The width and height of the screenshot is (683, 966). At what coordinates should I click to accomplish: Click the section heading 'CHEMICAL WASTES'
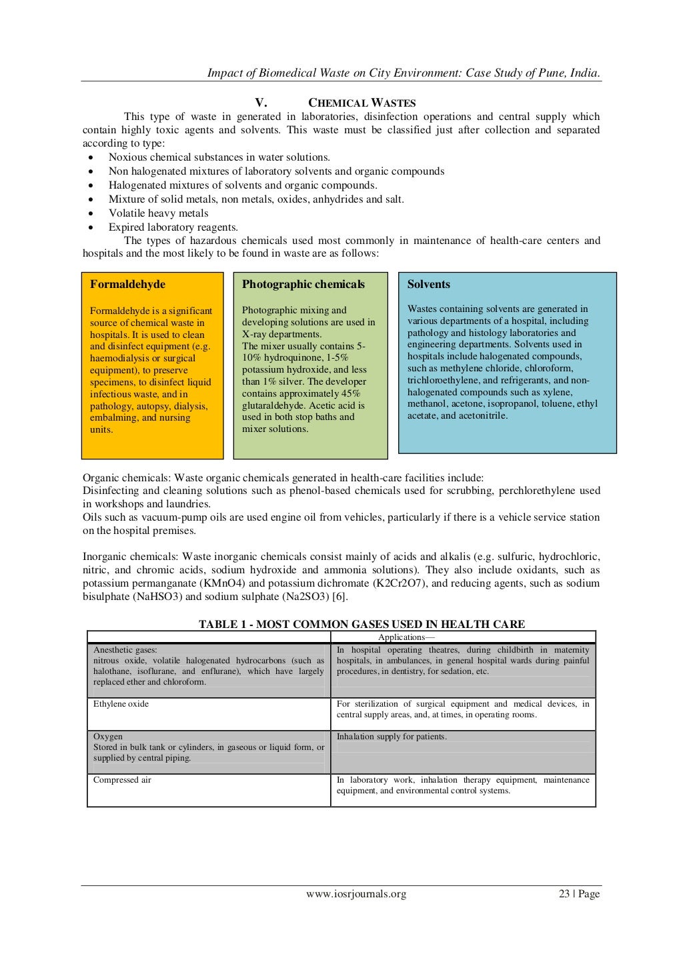point(362,103)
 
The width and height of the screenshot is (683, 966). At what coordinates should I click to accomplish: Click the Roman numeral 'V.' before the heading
point(261,103)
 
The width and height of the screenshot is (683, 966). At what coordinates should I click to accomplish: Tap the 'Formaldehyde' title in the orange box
point(127,284)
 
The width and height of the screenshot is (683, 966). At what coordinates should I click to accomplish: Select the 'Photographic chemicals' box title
point(303,284)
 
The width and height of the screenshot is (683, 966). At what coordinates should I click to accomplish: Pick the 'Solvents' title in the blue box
point(428,284)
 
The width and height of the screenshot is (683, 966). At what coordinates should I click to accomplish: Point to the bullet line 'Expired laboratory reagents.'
point(173,227)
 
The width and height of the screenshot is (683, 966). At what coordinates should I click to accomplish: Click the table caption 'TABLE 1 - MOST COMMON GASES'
point(362,624)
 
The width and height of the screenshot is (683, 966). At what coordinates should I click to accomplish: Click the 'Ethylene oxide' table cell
point(121,704)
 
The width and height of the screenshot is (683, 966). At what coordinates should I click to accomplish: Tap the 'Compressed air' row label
point(122,780)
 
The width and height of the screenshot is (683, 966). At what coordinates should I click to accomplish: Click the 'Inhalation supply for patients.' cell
point(392,737)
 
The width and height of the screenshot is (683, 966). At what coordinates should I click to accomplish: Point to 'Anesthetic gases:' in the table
point(125,650)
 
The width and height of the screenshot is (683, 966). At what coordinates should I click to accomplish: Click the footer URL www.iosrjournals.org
point(356,894)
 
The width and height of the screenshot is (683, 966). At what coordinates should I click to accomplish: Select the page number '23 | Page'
point(579,894)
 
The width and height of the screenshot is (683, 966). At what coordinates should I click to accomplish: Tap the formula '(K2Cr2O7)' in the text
point(402,583)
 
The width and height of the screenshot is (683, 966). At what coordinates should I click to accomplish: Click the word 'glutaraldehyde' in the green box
point(275,405)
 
